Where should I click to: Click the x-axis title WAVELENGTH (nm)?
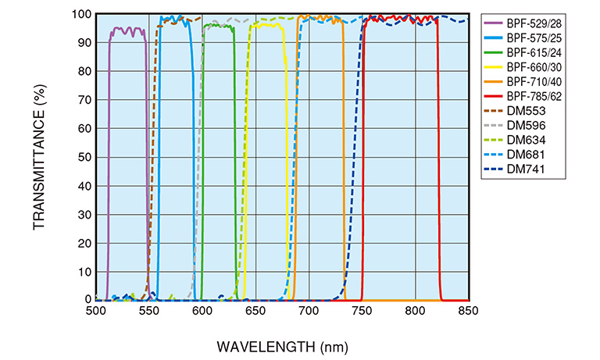(x=282, y=345)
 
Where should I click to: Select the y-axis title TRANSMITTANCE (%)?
(x=38, y=157)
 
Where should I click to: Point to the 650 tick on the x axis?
(x=255, y=310)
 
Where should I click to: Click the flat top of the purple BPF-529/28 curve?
(x=127, y=30)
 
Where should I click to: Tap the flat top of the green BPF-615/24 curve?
(x=218, y=26)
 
